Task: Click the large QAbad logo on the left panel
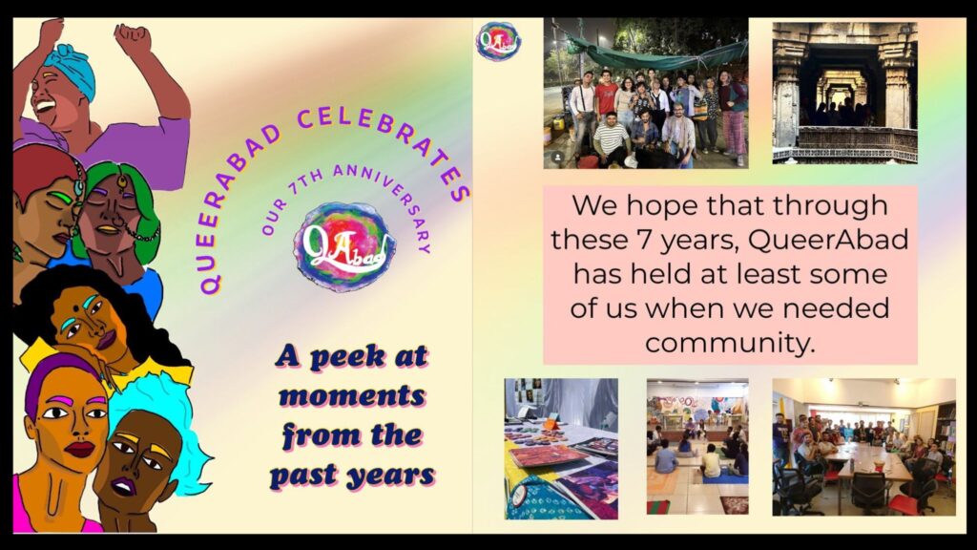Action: pos(343,245)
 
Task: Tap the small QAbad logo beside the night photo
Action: pos(498,41)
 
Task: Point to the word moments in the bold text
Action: pos(353,396)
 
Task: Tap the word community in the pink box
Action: pos(730,343)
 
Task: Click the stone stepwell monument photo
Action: pos(845,93)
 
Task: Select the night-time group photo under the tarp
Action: pos(646,93)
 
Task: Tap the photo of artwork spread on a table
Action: pos(561,449)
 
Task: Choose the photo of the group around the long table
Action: pos(864,447)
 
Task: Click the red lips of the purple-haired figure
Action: pos(80,449)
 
